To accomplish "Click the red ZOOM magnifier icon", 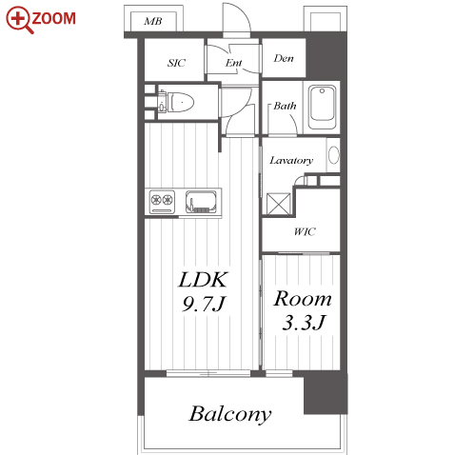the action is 20,20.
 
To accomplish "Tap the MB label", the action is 153,22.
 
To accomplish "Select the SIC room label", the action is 176,63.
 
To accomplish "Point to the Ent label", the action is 234,63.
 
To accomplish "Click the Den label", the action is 284,58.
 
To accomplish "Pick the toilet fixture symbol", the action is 176,102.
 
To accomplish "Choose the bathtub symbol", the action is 322,107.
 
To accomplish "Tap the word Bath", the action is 285,106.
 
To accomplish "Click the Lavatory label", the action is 291,160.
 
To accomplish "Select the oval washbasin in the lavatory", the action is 334,155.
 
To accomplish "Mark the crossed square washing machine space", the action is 279,204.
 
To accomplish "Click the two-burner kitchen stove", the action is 162,202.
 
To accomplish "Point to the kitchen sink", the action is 201,202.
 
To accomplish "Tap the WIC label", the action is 305,231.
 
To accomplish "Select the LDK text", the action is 203,280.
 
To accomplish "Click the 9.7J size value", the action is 204,305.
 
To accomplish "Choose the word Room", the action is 303,299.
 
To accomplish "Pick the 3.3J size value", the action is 304,323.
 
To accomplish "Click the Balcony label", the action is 230,414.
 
